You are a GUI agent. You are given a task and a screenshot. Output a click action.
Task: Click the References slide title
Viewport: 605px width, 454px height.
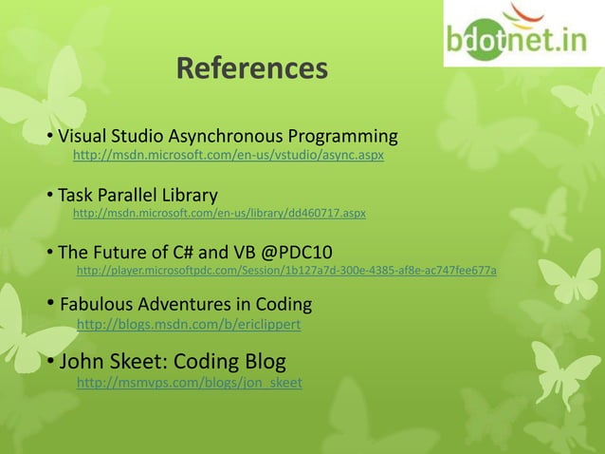(251, 68)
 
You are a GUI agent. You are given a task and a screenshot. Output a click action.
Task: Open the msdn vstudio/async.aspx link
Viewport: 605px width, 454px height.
(229, 154)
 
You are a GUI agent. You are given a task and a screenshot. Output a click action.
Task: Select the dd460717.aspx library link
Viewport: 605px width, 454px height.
(219, 214)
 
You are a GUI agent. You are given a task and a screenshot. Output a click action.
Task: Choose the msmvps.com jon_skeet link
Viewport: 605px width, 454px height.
(189, 383)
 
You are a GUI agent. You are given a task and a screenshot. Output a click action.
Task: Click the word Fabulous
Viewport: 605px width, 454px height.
(97, 306)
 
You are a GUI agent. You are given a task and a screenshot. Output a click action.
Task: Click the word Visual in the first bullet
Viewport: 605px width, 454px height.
(83, 136)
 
